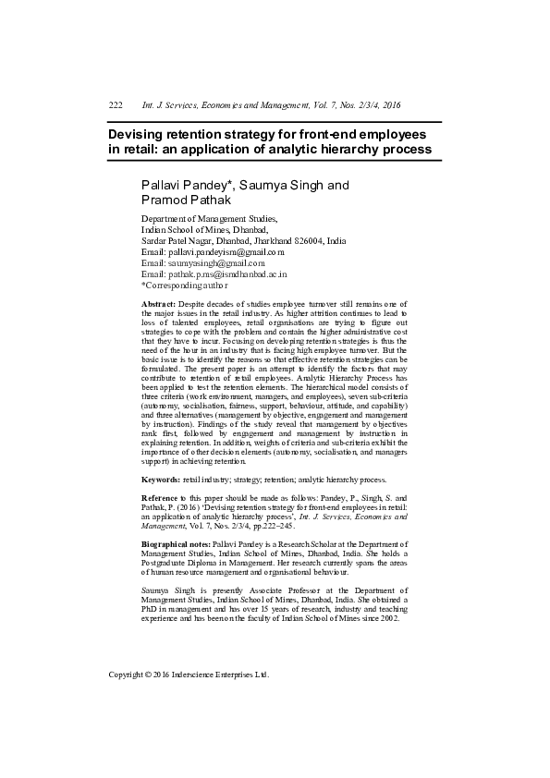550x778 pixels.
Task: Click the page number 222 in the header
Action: click(116, 106)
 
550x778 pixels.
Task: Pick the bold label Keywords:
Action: click(160, 480)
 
